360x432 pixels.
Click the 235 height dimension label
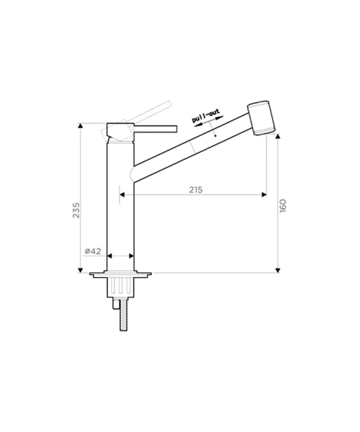click(76, 210)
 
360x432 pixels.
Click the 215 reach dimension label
click(196, 189)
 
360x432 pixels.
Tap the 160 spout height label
click(283, 205)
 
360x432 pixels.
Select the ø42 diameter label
click(93, 251)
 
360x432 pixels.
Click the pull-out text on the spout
click(206, 116)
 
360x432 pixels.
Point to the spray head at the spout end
click(261, 117)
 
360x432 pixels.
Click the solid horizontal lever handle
click(156, 129)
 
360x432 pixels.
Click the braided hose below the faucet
click(123, 315)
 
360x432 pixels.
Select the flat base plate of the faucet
click(120, 274)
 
